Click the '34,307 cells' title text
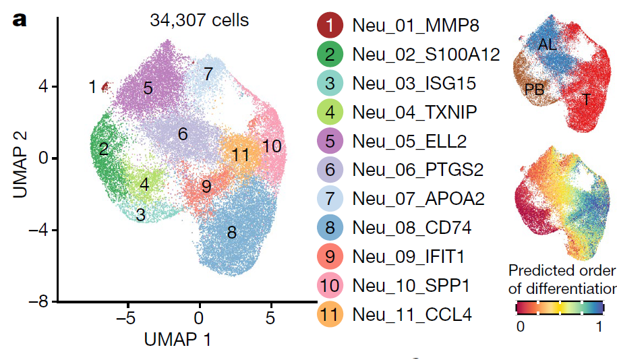199,20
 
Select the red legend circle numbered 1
329,26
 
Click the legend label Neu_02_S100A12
425,55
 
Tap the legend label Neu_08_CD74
412,227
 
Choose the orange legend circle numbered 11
329,313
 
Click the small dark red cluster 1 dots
105,86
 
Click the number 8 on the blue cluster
231,233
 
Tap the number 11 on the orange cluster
241,154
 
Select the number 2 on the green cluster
103,149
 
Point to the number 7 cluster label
208,73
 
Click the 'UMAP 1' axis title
178,339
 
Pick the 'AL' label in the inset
548,44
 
